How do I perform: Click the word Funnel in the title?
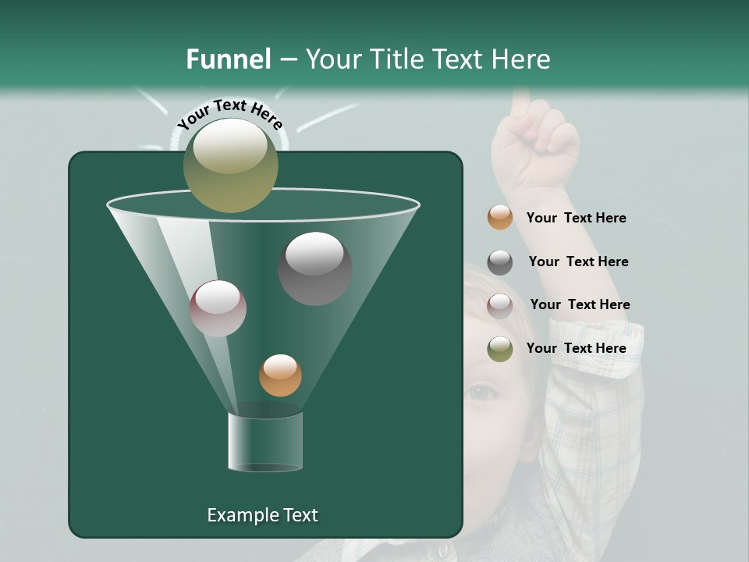pos(229,59)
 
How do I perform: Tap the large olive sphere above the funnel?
pos(231,165)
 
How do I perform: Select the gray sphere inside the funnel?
pos(315,268)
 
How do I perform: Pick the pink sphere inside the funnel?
pos(218,308)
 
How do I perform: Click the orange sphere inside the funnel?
pos(280,375)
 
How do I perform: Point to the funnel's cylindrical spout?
pos(265,442)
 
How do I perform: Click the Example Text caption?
pos(262,515)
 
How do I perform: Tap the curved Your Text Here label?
pos(229,114)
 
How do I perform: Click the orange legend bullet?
pos(500,218)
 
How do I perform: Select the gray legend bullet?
pos(500,262)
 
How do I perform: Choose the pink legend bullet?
pos(500,305)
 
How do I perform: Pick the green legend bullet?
pos(500,349)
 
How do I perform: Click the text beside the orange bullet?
pos(576,218)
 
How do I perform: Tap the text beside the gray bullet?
pos(578,261)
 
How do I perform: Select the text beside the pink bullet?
pos(580,304)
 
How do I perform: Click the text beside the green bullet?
pos(576,348)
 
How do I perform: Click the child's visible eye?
pos(481,391)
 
